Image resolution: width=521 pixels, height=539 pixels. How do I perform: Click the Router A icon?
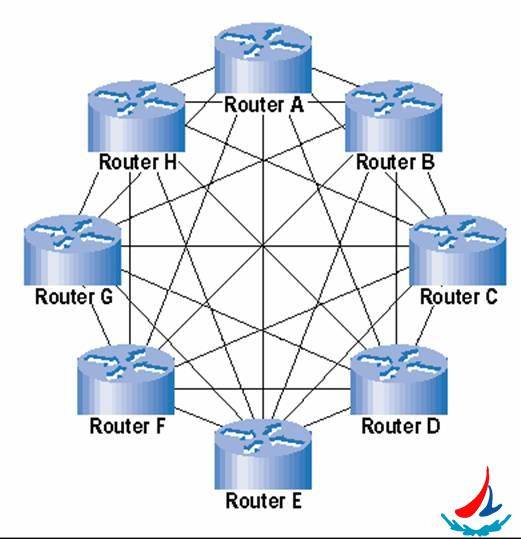[263, 58]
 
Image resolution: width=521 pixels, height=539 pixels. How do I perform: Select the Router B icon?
[393, 116]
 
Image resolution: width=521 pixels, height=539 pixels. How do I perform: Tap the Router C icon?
[457, 250]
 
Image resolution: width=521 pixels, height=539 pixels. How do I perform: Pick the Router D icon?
[399, 380]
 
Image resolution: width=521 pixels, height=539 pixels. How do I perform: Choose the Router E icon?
[263, 454]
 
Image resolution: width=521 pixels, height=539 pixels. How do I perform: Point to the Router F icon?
[126, 380]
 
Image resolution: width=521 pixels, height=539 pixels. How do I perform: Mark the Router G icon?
[73, 250]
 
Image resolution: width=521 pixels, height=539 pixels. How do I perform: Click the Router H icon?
[136, 116]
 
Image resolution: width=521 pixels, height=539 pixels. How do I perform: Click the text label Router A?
[264, 104]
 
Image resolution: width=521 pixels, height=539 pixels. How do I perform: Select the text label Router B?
[395, 162]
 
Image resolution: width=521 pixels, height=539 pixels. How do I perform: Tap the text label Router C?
[459, 296]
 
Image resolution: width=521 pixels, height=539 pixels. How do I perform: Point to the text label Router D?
[401, 426]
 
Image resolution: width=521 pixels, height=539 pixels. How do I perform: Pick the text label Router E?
[264, 500]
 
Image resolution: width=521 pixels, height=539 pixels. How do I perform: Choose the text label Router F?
[128, 426]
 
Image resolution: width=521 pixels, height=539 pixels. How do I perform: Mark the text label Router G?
[74, 296]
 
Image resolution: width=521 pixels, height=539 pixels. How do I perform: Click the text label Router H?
[138, 162]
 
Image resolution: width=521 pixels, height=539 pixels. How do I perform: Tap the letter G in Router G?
[106, 296]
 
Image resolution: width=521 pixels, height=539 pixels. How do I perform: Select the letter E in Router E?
[297, 500]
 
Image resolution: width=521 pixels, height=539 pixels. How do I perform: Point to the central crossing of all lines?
[263, 246]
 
